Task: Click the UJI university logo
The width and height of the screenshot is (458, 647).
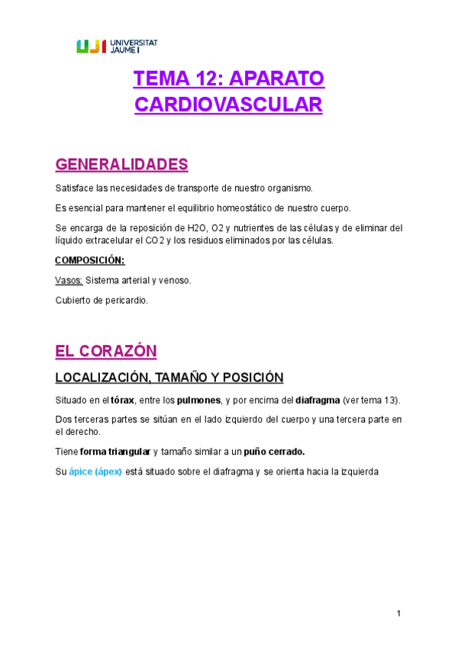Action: (x=117, y=47)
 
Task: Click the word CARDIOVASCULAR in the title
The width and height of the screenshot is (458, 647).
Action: (x=228, y=105)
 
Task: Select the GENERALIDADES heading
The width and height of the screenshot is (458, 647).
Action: (x=121, y=165)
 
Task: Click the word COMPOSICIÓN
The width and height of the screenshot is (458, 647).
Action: (x=89, y=260)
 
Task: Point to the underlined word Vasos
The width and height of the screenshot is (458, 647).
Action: (x=69, y=280)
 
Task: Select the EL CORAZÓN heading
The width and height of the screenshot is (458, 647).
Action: (x=105, y=351)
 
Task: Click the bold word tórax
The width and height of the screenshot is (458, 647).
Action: (x=123, y=400)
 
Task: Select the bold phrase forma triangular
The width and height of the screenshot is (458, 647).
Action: (x=115, y=451)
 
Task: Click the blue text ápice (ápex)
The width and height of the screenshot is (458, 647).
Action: (x=95, y=471)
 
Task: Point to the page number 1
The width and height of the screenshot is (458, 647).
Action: (x=398, y=614)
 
